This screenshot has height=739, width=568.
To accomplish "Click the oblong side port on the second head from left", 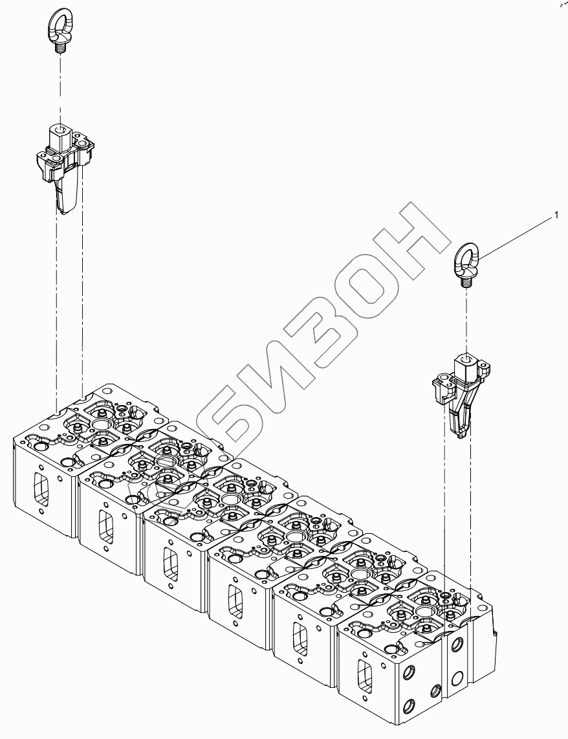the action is point(105,524).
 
